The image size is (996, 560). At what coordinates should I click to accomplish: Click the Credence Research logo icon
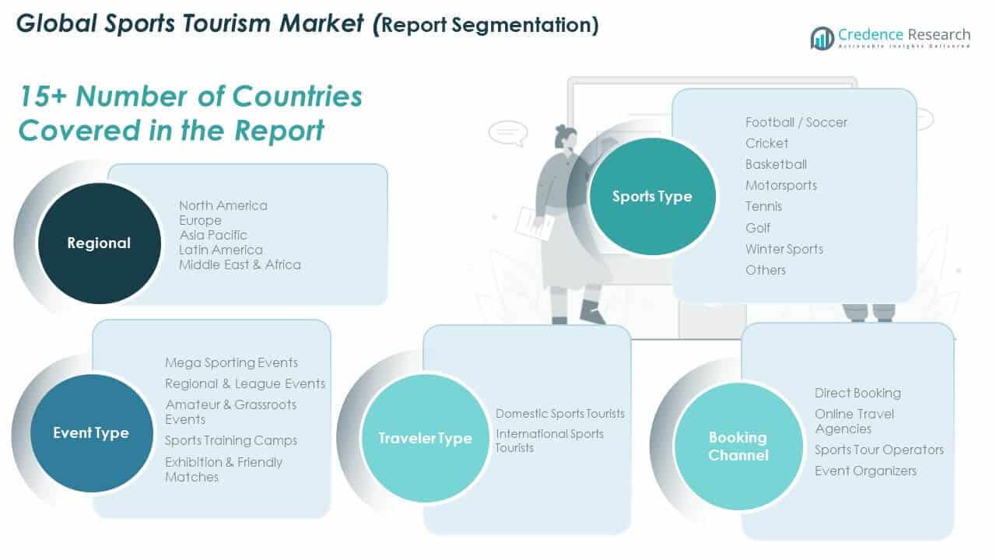coord(822,38)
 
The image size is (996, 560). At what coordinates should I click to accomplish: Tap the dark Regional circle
coord(99,243)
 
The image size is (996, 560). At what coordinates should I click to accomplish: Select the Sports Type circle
coord(651,197)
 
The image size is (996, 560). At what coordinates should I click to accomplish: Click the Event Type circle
coord(91,433)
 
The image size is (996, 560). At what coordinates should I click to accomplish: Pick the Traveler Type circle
coord(425,439)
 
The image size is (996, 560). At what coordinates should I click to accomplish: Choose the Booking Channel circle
coord(738,446)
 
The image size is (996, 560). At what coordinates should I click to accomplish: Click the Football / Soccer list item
coord(796,122)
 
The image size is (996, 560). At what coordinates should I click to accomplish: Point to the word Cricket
coord(766,143)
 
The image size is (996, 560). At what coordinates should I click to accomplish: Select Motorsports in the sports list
coord(780,185)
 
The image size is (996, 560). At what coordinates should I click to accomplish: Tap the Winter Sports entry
coord(784,249)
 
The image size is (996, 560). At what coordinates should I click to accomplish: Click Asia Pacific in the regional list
coord(213,235)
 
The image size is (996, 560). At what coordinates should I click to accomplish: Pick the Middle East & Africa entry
coord(240,264)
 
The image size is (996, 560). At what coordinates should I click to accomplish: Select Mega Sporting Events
coord(231,362)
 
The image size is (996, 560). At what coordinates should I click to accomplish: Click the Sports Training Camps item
coord(231,440)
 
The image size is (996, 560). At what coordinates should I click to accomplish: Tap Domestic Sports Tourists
coord(560,414)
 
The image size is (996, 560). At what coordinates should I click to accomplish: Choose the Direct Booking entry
coord(857,393)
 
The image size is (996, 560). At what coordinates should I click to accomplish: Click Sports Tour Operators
coord(879,450)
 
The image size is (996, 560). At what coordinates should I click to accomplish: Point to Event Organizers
coord(865,471)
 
